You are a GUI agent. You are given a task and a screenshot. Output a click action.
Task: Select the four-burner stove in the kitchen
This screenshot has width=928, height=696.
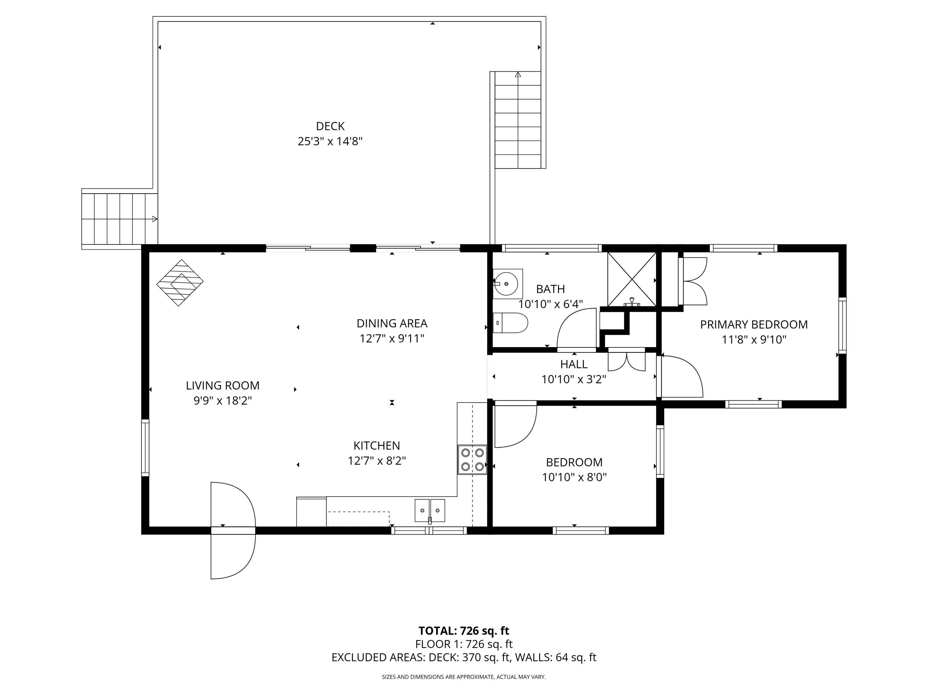(472, 459)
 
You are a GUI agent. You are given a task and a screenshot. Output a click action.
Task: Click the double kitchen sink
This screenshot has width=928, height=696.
(430, 511)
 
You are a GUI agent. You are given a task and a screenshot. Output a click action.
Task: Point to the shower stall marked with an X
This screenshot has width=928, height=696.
(631, 279)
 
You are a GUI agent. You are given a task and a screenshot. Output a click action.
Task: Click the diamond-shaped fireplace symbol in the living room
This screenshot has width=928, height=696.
(180, 282)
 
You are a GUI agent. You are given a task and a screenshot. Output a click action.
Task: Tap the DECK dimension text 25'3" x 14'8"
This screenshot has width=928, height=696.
(330, 141)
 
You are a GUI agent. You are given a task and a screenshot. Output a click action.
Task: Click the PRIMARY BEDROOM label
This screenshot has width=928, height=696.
(754, 324)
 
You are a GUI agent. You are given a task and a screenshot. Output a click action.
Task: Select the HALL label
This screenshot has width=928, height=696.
(574, 364)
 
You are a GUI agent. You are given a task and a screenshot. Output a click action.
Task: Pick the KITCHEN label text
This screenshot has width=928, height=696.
(376, 445)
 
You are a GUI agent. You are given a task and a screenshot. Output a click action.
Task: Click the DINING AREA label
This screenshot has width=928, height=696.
(392, 324)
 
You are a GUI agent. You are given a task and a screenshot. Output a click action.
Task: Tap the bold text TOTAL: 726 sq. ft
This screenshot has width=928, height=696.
(464, 630)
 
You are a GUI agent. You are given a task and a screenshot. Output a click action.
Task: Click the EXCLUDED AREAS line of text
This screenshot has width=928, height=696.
(464, 657)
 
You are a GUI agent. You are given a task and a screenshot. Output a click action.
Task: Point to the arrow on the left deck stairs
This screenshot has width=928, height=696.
(154, 219)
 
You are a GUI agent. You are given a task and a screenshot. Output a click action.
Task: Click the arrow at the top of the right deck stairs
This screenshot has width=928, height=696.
(518, 75)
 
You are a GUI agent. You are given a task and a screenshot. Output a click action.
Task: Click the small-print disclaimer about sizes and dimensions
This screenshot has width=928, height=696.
(464, 677)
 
